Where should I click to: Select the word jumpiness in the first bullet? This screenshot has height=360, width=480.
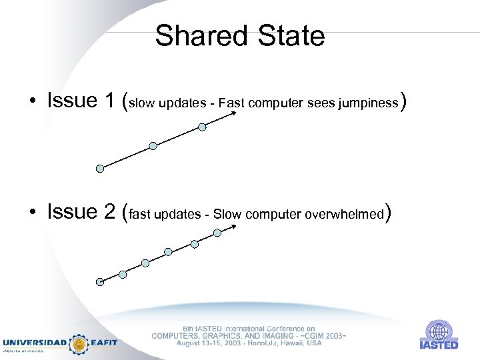coord(368,103)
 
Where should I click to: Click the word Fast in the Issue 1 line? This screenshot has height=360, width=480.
coord(231,103)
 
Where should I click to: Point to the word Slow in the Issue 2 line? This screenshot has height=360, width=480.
coord(227,215)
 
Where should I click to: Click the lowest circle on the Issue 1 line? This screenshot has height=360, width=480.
coord(100,169)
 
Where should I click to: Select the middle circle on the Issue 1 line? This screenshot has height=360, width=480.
coord(153,145)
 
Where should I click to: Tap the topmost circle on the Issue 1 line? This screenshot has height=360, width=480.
coord(202,127)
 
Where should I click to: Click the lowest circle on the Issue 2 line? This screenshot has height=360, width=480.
coord(100,281)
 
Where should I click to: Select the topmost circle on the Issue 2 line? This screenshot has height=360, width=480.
coord(217,233)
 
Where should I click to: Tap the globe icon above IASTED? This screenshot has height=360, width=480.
coord(438,331)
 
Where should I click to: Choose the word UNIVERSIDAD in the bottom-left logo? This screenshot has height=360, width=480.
coord(35,342)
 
